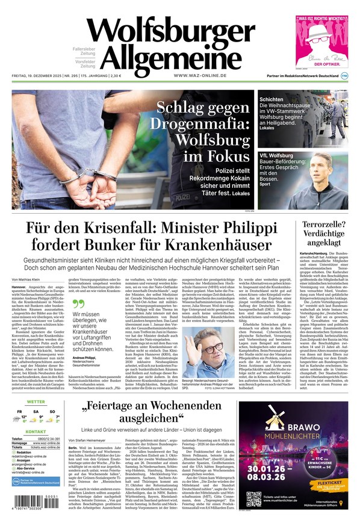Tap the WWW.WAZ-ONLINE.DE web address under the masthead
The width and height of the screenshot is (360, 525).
200,75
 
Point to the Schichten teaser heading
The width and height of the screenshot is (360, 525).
271,99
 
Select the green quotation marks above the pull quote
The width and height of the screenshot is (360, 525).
78,304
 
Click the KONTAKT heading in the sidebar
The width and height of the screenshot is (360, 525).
36,432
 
